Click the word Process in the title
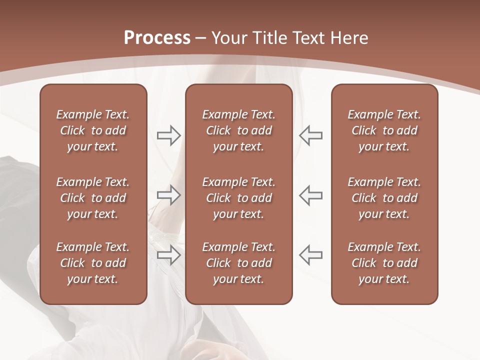point(157,38)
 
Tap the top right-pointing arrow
point(168,135)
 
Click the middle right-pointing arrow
point(168,194)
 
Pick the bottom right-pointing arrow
point(168,255)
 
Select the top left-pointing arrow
point(311,135)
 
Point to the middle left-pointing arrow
point(311,194)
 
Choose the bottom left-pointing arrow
point(311,255)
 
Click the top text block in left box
point(93,130)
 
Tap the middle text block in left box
point(93,198)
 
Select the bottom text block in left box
point(93,263)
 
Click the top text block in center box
point(238,130)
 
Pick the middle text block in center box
point(238,198)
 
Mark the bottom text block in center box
point(238,263)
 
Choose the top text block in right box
point(384,130)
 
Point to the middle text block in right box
point(384,198)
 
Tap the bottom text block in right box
point(384,263)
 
